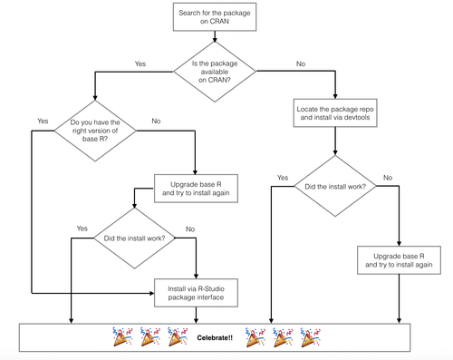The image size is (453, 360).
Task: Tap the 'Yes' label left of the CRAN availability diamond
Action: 140,64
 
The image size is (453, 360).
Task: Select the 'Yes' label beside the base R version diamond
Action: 43,121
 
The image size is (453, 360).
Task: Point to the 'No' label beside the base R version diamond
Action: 156,121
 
